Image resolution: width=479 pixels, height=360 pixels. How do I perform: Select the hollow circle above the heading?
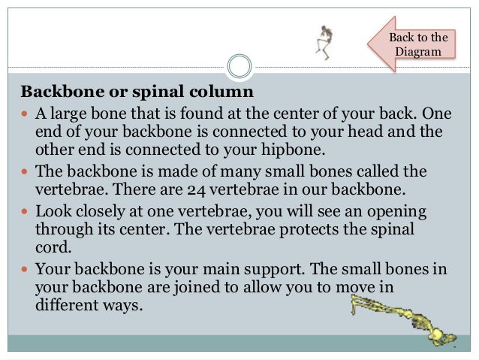(239, 66)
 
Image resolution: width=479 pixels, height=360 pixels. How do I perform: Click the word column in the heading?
(224, 92)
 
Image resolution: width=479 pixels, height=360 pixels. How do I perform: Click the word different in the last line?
(65, 305)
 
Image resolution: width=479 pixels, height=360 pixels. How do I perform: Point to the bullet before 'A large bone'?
(26, 114)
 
